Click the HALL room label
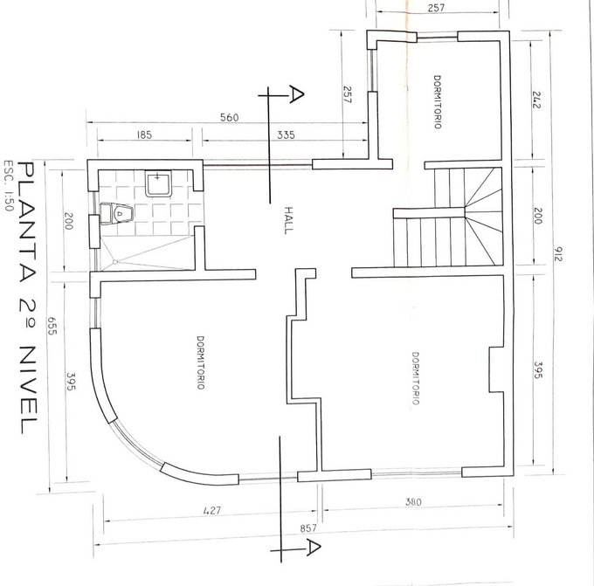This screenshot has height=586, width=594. click(288, 220)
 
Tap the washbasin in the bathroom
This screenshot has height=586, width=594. click(158, 183)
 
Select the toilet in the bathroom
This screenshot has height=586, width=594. click(117, 214)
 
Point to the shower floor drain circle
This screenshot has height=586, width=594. click(115, 262)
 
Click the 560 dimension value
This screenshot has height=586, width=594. click(230, 117)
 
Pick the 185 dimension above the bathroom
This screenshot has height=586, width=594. click(144, 134)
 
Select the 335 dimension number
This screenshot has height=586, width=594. click(286, 134)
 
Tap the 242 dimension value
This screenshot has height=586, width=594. click(537, 100)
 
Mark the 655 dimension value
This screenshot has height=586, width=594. click(52, 326)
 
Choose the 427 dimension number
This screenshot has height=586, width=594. click(211, 510)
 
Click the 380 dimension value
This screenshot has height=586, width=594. click(413, 502)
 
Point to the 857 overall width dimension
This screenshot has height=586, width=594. click(308, 528)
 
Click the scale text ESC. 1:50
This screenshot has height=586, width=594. click(9, 186)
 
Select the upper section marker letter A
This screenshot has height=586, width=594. click(296, 94)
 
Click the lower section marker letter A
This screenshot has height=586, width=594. click(314, 548)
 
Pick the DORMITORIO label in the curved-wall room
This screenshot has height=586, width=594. click(201, 362)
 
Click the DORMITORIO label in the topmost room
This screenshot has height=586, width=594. click(437, 102)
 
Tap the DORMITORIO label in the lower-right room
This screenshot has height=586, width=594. click(415, 378)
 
